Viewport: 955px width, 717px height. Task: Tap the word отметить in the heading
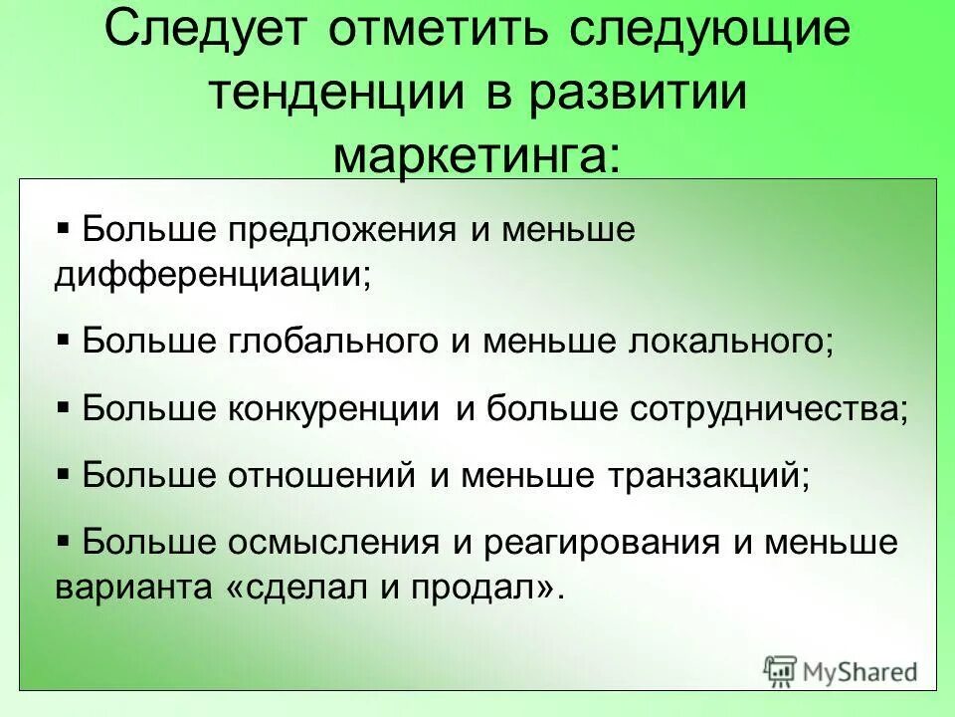coord(441,33)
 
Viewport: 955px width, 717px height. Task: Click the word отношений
coord(323,475)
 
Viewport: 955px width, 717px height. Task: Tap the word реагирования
coord(603,543)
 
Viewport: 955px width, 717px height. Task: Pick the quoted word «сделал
coord(298,586)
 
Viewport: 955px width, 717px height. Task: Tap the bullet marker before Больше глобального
coord(64,340)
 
